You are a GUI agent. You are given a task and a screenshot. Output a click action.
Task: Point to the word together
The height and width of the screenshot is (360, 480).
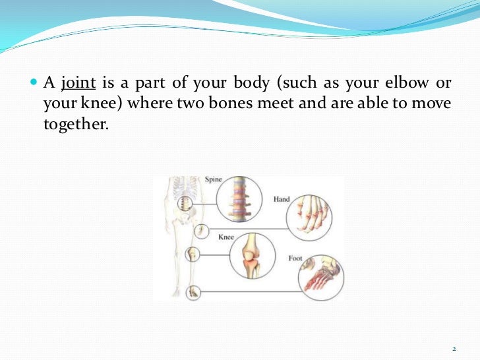[x=75, y=123]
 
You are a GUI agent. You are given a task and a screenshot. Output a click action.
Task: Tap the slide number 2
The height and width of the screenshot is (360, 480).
[x=454, y=348]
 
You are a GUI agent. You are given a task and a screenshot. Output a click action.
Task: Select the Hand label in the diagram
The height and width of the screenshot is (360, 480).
[x=281, y=199]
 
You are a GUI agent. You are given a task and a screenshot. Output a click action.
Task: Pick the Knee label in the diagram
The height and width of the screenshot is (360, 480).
[x=226, y=237]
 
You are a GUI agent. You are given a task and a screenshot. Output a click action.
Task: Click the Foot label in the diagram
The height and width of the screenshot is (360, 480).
[x=295, y=258]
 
